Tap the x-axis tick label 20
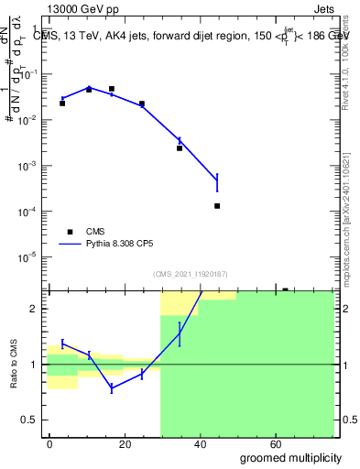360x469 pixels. tap(121, 442)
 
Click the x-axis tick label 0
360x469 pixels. tap(49, 442)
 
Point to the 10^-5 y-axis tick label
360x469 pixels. tap(29, 256)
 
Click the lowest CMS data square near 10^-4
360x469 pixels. tap(217, 206)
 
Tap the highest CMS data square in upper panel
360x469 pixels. tap(112, 89)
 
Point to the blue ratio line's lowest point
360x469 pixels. tap(112, 388)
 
